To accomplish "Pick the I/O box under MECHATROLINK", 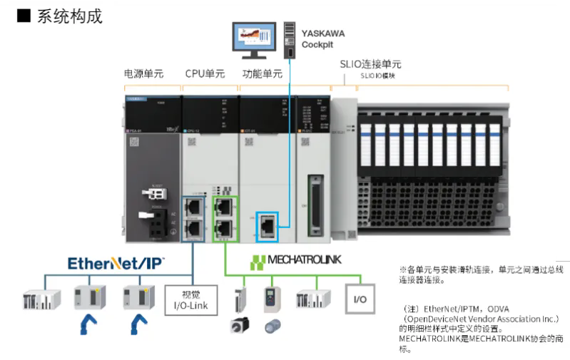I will [x=360, y=299].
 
